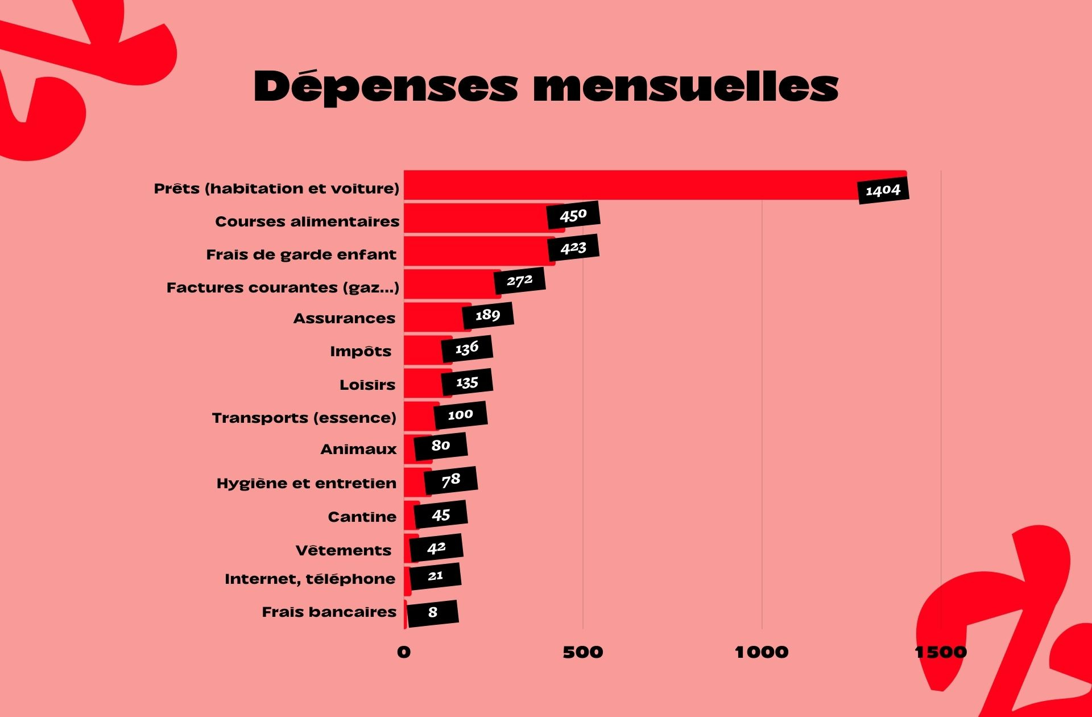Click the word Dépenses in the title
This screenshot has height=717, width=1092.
coord(386,87)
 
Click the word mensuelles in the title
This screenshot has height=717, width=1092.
coord(685,87)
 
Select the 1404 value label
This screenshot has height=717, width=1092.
coord(883,190)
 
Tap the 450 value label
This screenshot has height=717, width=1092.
coord(573,215)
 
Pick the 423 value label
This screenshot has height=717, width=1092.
coord(573,248)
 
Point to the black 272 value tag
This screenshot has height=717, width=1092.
coord(519,281)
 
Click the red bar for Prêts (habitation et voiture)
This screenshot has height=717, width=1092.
coord(626,185)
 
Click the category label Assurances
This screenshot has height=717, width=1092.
coord(344,319)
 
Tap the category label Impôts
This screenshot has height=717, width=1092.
coord(361,352)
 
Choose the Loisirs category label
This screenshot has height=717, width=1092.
coord(367,385)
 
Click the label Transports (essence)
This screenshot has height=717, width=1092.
coord(304,418)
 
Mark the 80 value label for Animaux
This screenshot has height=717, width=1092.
coord(441,446)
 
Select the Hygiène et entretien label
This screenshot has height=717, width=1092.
coord(307,484)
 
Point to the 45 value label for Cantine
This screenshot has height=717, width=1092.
coord(441,515)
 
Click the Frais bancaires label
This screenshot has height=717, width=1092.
coord(329,612)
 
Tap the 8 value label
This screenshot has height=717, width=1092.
coord(433,613)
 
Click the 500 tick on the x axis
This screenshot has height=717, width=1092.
coord(583,652)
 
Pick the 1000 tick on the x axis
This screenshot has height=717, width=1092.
coord(762,652)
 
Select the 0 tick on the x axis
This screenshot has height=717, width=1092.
coord(404,652)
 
